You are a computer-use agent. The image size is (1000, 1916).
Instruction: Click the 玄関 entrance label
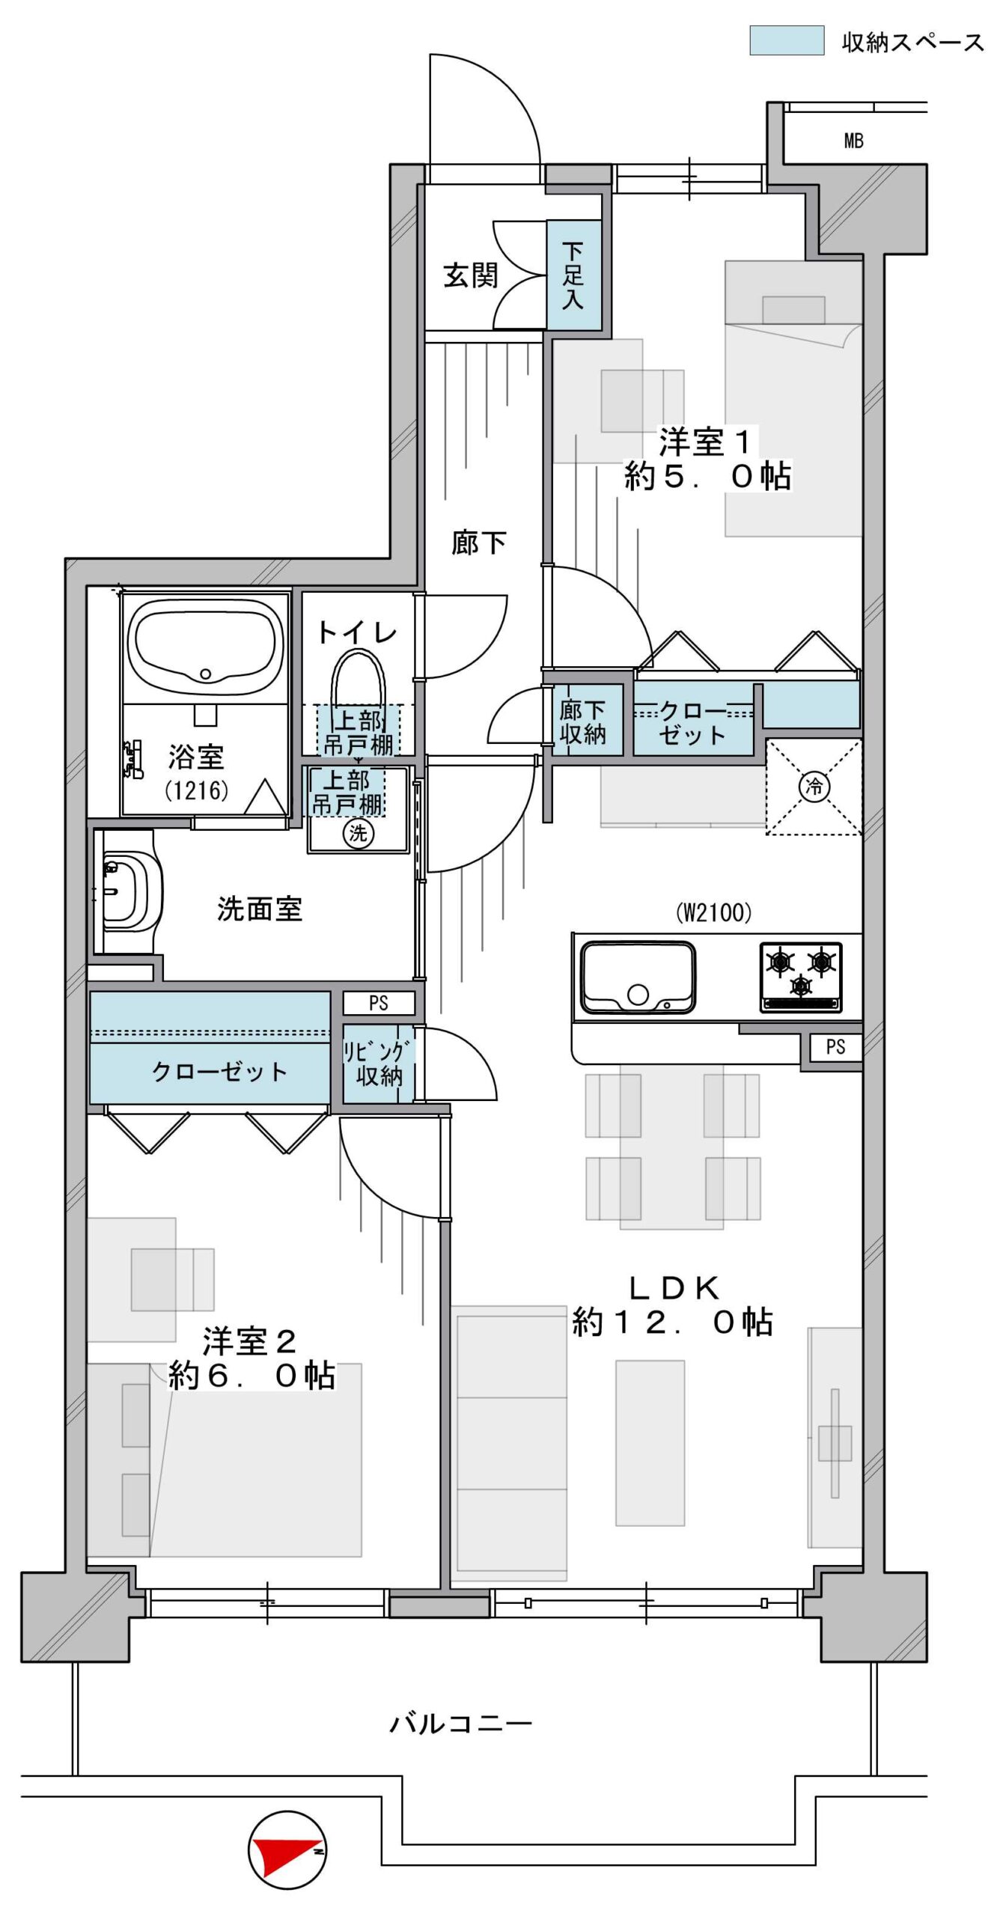[470, 275]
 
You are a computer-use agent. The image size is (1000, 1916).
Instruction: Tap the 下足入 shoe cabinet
[573, 275]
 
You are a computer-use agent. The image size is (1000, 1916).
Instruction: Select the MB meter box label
[853, 140]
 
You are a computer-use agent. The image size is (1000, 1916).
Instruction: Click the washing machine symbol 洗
[358, 832]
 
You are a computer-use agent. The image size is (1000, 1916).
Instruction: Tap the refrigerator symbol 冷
[814, 786]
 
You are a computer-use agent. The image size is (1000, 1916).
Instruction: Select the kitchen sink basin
[638, 977]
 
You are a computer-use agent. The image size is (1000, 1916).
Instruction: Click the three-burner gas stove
[801, 977]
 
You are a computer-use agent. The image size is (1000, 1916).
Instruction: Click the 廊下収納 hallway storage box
[582, 720]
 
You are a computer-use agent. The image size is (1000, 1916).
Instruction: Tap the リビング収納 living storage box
[379, 1063]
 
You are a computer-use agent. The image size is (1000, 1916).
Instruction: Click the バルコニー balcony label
[460, 1724]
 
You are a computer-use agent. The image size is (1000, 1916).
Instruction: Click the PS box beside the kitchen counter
[835, 1047]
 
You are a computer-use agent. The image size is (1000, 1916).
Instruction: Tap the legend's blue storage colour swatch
[787, 40]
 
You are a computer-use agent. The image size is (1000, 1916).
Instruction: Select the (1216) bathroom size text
[197, 790]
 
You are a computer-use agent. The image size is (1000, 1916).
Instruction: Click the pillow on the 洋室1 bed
[793, 310]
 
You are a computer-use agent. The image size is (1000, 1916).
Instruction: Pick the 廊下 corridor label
[478, 543]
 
